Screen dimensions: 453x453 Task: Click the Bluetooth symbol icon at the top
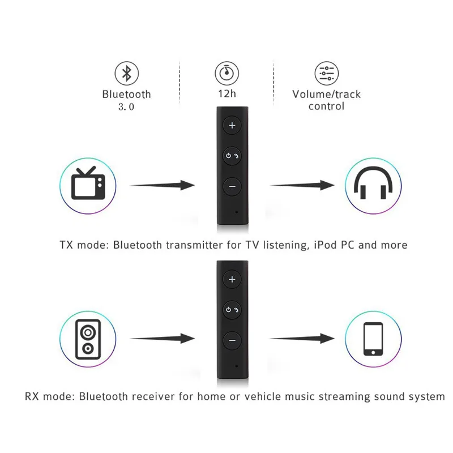(x=127, y=73)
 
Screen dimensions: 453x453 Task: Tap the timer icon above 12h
(x=226, y=73)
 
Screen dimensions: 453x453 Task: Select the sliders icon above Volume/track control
(x=326, y=73)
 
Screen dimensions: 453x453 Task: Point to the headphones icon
(x=373, y=185)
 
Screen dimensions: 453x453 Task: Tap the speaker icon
(x=88, y=339)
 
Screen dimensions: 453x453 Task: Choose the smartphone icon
(x=373, y=339)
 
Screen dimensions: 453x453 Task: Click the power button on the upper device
(x=232, y=155)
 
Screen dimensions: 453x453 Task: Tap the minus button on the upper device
(x=232, y=186)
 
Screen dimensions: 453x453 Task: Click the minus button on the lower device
(x=232, y=340)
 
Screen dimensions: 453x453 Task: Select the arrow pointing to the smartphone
(x=301, y=339)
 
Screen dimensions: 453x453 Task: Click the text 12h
(x=226, y=95)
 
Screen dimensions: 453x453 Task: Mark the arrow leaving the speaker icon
(x=163, y=339)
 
